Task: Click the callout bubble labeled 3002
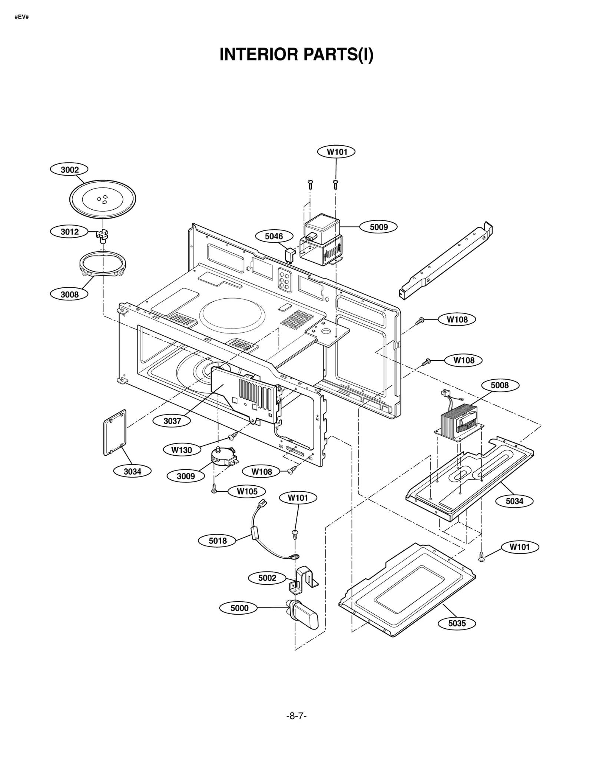[70, 170]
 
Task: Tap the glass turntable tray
[102, 199]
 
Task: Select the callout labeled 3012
[70, 232]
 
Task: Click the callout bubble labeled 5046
[274, 236]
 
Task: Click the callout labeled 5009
[378, 227]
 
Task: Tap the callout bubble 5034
[514, 501]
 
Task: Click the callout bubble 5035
[457, 623]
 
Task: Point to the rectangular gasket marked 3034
[115, 432]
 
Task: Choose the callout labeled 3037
[172, 421]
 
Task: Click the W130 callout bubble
[182, 450]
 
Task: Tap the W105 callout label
[247, 491]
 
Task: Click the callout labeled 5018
[218, 541]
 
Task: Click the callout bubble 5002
[267, 578]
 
